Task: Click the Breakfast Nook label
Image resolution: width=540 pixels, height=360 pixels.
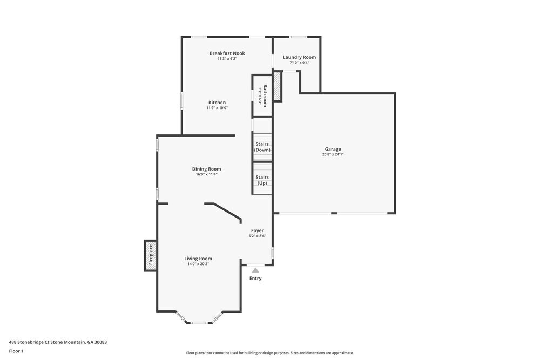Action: coord(227,53)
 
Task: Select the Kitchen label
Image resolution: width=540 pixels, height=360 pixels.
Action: coord(217,102)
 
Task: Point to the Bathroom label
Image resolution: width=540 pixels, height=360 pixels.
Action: coord(265,96)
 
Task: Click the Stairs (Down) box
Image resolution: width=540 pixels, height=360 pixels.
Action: coord(262,147)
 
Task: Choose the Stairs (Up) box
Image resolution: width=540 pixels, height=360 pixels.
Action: coord(262,180)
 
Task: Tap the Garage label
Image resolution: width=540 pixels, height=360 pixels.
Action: coord(333,149)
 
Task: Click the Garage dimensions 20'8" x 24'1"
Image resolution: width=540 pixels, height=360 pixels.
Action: coord(333,155)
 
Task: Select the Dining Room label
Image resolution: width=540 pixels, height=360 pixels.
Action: coord(207,168)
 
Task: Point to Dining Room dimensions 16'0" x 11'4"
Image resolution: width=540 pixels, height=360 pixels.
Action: coord(207,174)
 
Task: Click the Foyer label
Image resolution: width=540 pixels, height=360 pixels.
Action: coord(257,230)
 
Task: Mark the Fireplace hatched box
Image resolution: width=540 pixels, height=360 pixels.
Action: coord(150,255)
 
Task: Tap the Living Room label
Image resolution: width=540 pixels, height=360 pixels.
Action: coord(198,258)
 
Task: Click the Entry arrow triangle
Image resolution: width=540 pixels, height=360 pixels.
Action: coord(255,270)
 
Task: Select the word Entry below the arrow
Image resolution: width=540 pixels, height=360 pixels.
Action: coord(255,279)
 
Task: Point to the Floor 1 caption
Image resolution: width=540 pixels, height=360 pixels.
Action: coord(16,351)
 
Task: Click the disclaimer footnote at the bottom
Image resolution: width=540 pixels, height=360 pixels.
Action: coord(270,353)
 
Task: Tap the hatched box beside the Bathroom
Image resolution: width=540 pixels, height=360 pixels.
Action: coord(277,87)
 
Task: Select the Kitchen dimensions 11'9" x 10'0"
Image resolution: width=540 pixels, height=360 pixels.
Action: coord(217,108)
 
